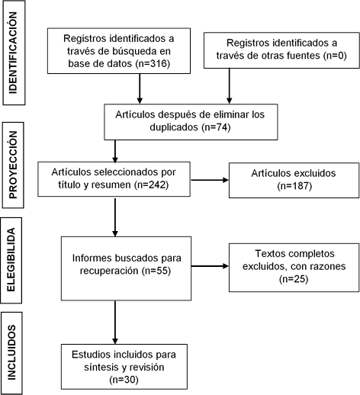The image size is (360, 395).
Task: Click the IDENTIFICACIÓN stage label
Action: (13, 53)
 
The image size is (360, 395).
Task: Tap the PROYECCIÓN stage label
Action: (13, 165)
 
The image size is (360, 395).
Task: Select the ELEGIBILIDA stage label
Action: (11, 260)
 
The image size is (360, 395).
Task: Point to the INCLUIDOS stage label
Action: (11, 352)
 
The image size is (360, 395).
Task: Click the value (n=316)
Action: (153, 63)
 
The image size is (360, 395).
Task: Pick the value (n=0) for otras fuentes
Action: (335, 55)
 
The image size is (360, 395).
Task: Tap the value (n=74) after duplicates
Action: (216, 127)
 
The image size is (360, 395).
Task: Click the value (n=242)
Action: (151, 185)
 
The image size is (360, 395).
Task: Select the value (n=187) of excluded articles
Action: (294, 186)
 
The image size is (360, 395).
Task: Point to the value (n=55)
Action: (156, 271)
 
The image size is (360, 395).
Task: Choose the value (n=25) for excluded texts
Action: (294, 279)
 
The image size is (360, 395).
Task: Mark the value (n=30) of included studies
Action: (124, 380)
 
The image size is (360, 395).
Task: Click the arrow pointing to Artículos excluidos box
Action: (210, 180)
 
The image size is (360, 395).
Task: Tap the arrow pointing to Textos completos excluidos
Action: (210, 266)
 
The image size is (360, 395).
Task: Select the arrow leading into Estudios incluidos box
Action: (115, 323)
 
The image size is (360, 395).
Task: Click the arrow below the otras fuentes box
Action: (230, 86)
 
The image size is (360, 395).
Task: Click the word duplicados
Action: (174, 127)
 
